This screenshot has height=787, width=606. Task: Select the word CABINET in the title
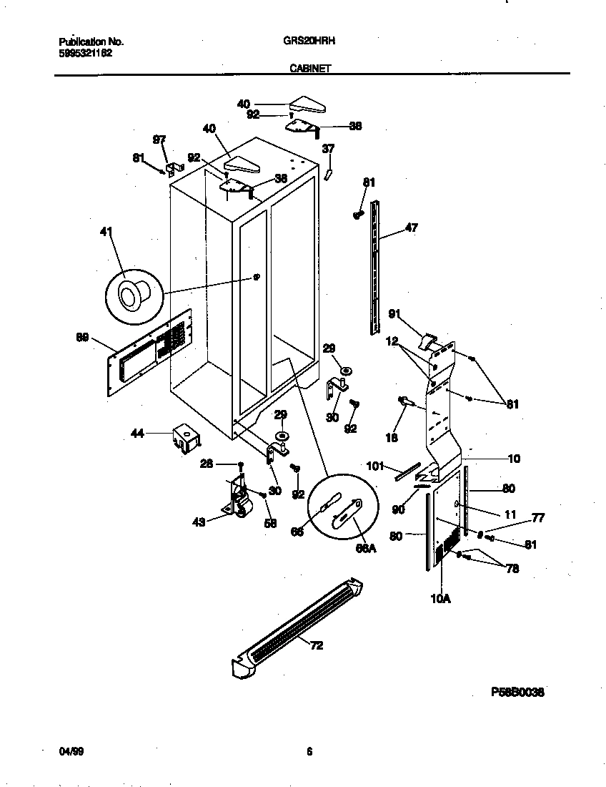pyautogui.click(x=309, y=69)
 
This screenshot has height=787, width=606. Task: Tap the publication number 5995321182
pyautogui.click(x=84, y=52)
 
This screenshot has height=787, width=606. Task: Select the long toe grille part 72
pyautogui.click(x=300, y=626)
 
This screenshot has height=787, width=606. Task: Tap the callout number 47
pyautogui.click(x=411, y=228)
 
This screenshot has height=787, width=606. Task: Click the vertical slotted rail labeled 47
pyautogui.click(x=374, y=268)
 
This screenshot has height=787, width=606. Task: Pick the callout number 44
pyautogui.click(x=137, y=432)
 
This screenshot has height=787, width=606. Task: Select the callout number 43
pyautogui.click(x=199, y=522)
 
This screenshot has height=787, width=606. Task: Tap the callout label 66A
pyautogui.click(x=365, y=548)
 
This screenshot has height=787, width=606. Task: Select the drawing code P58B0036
pyautogui.click(x=518, y=693)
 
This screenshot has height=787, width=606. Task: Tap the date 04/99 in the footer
pyautogui.click(x=69, y=751)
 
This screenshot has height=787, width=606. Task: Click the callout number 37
pyautogui.click(x=328, y=149)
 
